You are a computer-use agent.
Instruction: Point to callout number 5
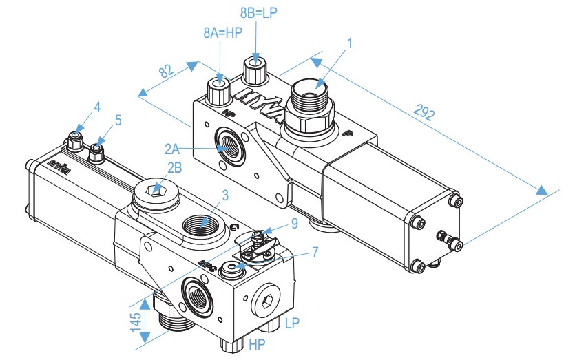pos(118,120)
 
